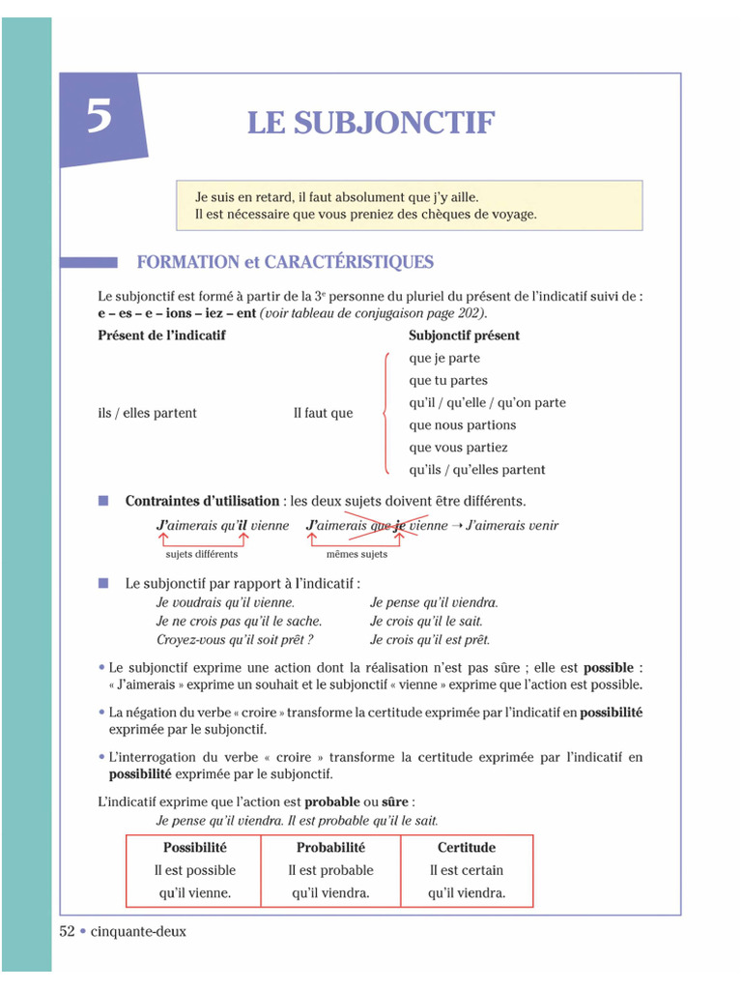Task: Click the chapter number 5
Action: (x=100, y=117)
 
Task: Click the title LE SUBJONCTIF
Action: (x=371, y=124)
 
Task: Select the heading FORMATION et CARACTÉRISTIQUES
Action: (x=285, y=262)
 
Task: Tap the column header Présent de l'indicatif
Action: (x=161, y=335)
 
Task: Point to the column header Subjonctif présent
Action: (x=464, y=335)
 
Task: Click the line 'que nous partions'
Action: (x=462, y=425)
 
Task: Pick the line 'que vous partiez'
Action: (x=458, y=448)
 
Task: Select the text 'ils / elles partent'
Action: (x=147, y=413)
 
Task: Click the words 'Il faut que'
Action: (x=323, y=413)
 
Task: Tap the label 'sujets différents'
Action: (x=201, y=554)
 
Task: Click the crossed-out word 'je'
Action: (x=399, y=526)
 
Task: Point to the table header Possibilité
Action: (x=195, y=848)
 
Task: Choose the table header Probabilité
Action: (x=330, y=848)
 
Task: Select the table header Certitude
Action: (x=467, y=848)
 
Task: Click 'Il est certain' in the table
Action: (x=467, y=870)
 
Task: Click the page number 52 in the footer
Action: (x=68, y=931)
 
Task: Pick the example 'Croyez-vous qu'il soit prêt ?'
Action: (x=235, y=640)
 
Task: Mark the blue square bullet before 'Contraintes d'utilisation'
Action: (x=103, y=501)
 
